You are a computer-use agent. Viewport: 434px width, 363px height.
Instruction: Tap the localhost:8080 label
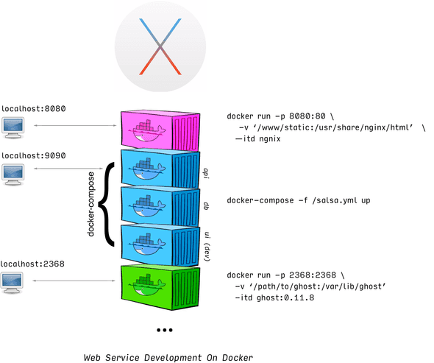tap(33, 109)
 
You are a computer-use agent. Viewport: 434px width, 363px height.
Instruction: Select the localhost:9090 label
tap(33, 156)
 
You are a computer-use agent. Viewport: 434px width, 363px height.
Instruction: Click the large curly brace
tap(108, 204)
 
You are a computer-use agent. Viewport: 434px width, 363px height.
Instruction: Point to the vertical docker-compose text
tap(91, 205)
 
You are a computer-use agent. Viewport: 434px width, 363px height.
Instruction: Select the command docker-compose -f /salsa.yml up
tap(298, 200)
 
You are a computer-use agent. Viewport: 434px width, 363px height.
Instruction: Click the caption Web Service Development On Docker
tap(168, 357)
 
